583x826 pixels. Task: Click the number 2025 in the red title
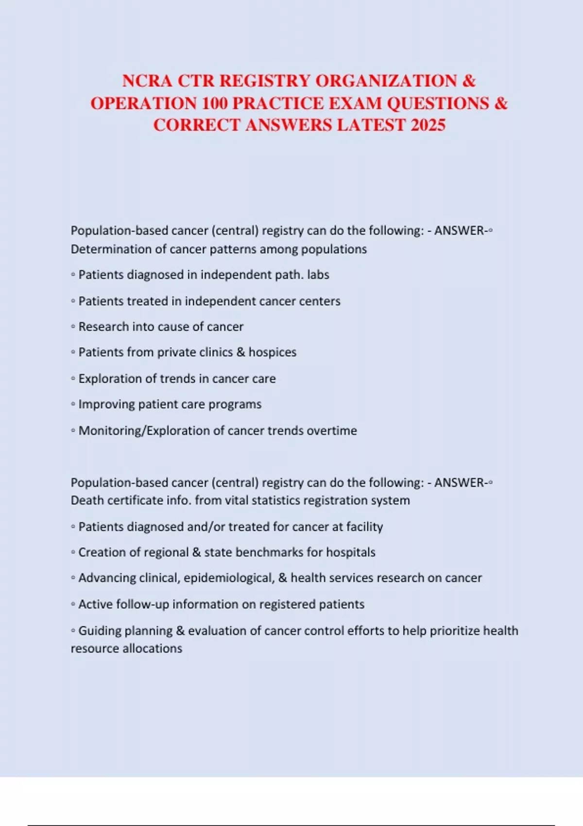[428, 125]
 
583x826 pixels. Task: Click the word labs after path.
[318, 275]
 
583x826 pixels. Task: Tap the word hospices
[272, 352]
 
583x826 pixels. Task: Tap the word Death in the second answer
[87, 500]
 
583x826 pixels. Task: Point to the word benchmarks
[255, 552]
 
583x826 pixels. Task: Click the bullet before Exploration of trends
[73, 379]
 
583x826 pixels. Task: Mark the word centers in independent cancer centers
[320, 301]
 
